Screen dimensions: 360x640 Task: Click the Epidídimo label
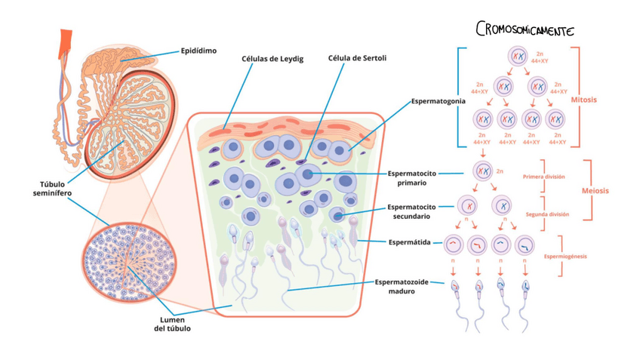click(x=198, y=51)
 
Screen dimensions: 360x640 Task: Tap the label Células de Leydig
click(x=272, y=59)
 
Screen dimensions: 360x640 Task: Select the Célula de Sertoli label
click(x=357, y=58)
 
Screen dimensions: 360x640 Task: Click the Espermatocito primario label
click(x=407, y=178)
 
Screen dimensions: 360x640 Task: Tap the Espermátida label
click(x=409, y=242)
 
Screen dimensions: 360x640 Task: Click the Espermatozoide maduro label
click(x=402, y=287)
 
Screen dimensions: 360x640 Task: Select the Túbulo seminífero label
click(x=56, y=189)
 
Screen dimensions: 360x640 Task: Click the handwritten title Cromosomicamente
click(x=525, y=30)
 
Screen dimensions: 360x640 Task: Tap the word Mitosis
click(x=583, y=100)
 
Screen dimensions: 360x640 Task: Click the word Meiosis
click(x=595, y=191)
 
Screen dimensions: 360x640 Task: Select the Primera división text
click(x=543, y=177)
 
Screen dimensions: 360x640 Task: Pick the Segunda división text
click(x=547, y=214)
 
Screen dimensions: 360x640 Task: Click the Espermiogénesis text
click(x=565, y=257)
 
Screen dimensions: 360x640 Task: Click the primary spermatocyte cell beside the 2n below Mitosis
click(x=483, y=171)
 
